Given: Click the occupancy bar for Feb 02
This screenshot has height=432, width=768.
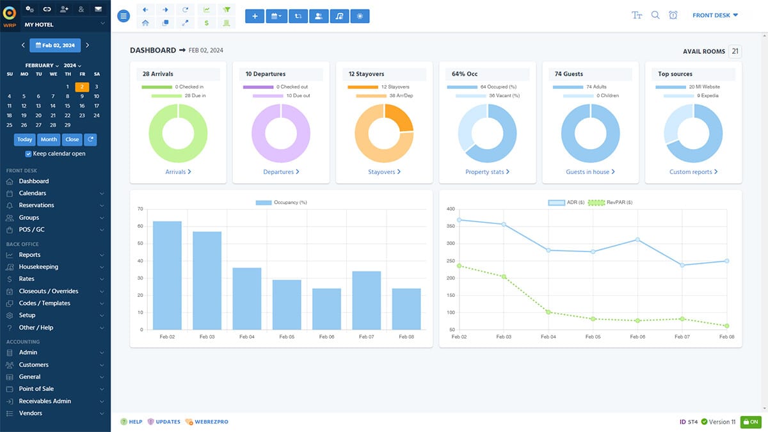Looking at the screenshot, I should pyautogui.click(x=167, y=275).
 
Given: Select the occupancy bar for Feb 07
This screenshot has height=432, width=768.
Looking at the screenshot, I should pyautogui.click(x=367, y=300).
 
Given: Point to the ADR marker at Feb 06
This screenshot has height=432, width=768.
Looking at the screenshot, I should pyautogui.click(x=637, y=239).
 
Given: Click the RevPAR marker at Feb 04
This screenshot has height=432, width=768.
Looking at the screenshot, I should pyautogui.click(x=548, y=312).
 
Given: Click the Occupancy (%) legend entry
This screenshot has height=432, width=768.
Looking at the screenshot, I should pyautogui.click(x=282, y=202).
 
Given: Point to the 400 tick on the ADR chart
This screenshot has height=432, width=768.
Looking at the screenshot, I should pyautogui.click(x=450, y=209).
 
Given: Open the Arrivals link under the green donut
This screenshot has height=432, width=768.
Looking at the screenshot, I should pyautogui.click(x=178, y=172).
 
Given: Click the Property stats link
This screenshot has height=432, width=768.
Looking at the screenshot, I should pyautogui.click(x=487, y=172).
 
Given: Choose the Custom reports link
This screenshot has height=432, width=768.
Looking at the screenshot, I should pyautogui.click(x=693, y=172).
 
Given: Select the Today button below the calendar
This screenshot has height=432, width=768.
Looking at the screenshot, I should pyautogui.click(x=25, y=139).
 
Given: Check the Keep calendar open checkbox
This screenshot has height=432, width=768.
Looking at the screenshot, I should pyautogui.click(x=28, y=154).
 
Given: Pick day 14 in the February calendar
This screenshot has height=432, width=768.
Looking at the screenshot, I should pyautogui.click(x=53, y=106).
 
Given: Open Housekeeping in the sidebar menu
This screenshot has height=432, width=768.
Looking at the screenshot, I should pyautogui.click(x=38, y=267).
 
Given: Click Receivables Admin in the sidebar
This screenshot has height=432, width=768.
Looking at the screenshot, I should pyautogui.click(x=45, y=401).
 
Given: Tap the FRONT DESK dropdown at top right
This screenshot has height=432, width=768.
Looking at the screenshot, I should pyautogui.click(x=715, y=15).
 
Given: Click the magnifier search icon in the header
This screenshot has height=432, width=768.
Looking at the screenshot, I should pyautogui.click(x=655, y=15).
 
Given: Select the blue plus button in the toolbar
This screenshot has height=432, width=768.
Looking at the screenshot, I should pyautogui.click(x=255, y=16).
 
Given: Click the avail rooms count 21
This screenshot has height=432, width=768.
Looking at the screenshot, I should pyautogui.click(x=735, y=51).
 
